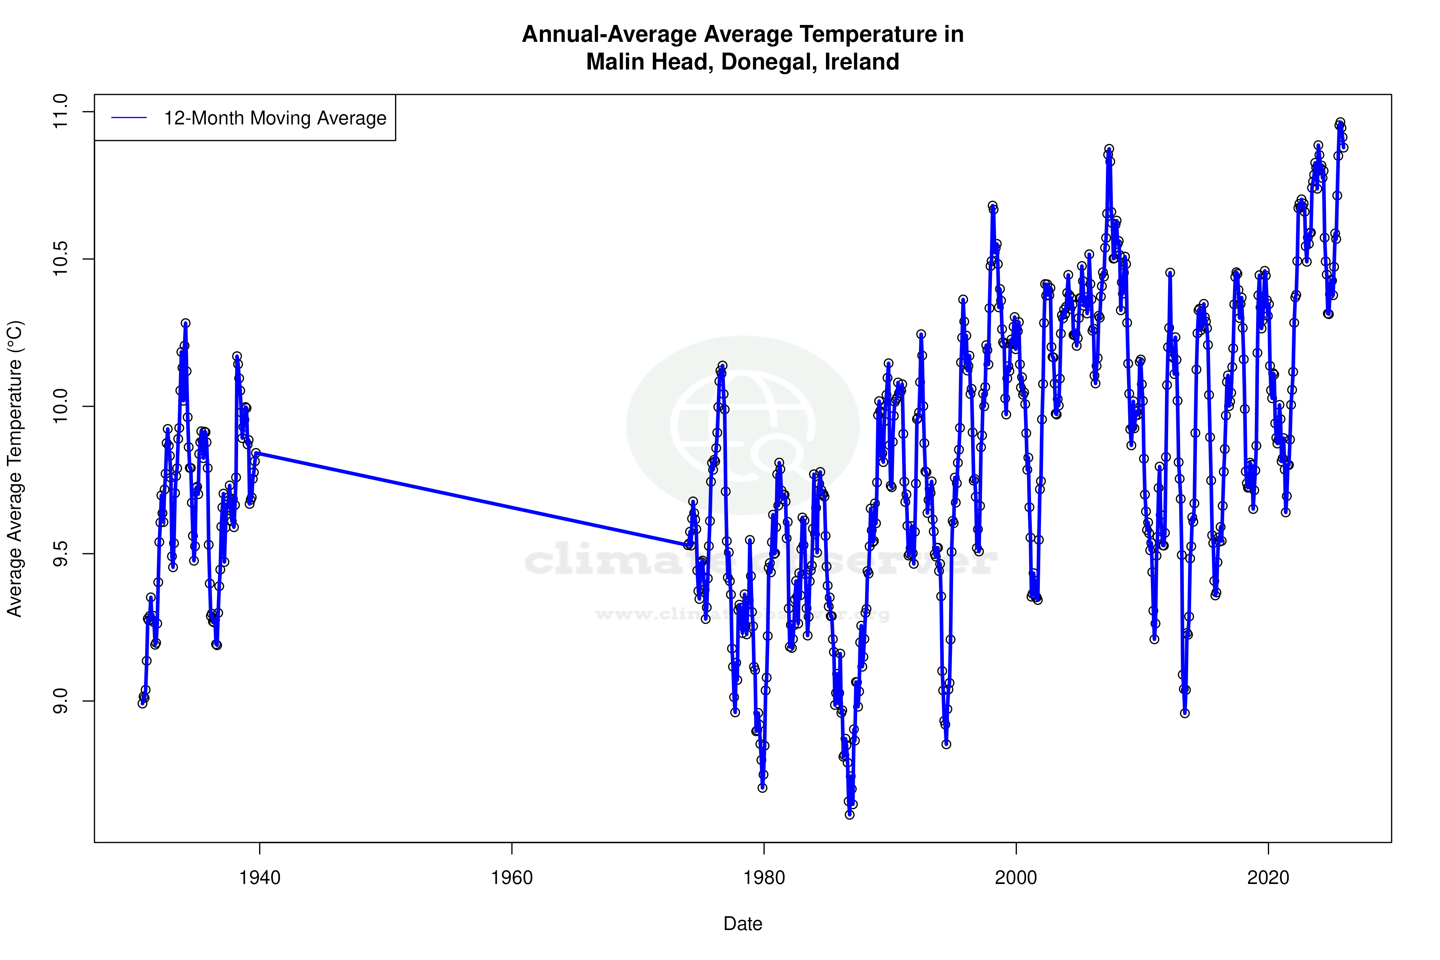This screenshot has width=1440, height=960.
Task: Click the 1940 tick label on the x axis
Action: [x=260, y=878]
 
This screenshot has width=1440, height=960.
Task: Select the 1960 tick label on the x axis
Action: [x=512, y=878]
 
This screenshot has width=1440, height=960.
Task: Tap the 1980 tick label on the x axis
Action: [x=764, y=878]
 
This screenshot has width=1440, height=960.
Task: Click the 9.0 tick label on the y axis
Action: [x=61, y=701]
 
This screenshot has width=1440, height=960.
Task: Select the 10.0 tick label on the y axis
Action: [x=61, y=407]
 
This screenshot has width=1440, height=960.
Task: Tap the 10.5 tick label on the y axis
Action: [x=61, y=259]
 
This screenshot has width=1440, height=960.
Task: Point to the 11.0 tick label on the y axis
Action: [x=61, y=112]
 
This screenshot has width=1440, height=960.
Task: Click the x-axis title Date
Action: [x=743, y=924]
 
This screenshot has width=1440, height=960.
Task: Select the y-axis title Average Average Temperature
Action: [x=15, y=468]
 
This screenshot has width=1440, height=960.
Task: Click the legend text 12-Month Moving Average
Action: [x=275, y=118]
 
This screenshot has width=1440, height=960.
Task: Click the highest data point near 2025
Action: [x=1340, y=122]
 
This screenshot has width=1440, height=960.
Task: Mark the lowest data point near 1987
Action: [x=849, y=814]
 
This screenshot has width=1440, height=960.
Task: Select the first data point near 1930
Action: [x=142, y=703]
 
